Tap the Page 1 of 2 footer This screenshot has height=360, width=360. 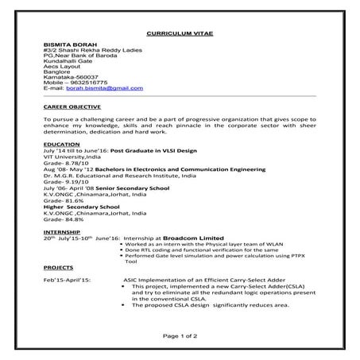[180, 338]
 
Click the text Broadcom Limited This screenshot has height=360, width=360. [196, 238]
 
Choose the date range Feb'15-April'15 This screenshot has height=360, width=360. [68, 281]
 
